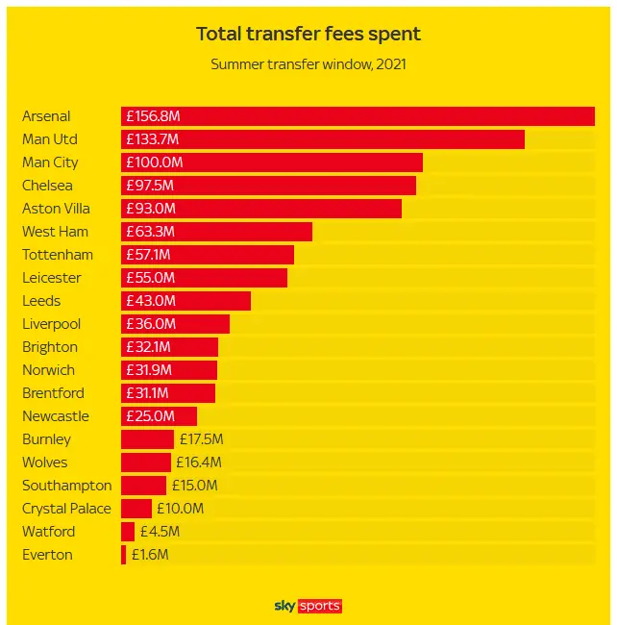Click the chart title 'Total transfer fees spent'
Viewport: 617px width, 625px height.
[x=308, y=34]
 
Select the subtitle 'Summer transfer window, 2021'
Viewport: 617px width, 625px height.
[x=308, y=65]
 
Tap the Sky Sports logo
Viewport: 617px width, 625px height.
[x=308, y=606]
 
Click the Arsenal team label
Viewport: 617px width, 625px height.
[x=46, y=116]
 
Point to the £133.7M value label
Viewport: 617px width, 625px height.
[x=154, y=139]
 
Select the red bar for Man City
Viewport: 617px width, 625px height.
[x=272, y=162]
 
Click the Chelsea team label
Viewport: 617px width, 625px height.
[x=47, y=186]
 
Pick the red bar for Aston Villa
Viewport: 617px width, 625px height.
[x=261, y=209]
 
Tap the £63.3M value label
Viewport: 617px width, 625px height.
[x=150, y=232]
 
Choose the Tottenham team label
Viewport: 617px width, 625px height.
[x=58, y=255]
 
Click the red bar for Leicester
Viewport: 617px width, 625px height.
[x=204, y=278]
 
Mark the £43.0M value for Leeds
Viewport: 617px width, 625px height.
[x=151, y=301]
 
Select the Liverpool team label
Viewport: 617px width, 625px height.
[x=52, y=324]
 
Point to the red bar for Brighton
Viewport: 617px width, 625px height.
[x=169, y=347]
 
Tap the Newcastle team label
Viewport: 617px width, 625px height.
[x=56, y=416]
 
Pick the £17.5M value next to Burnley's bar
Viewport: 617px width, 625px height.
[x=201, y=439]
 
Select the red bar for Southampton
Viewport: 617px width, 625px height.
[x=143, y=486]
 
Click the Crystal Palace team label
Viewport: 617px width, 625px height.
[x=66, y=509]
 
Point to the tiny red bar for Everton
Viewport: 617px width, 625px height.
[x=123, y=555]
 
